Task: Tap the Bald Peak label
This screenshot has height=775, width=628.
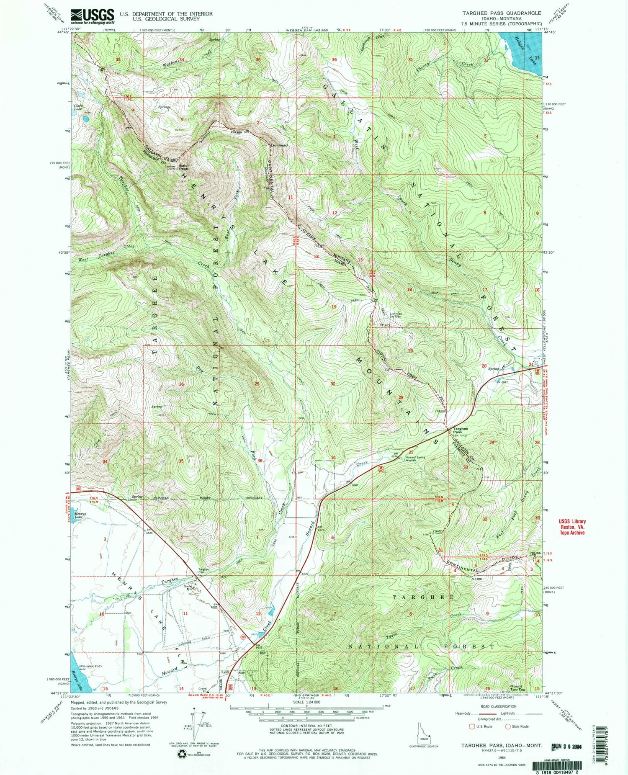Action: tap(183, 167)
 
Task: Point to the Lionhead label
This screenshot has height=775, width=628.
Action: tap(279, 145)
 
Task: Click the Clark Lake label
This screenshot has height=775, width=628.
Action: tap(78, 108)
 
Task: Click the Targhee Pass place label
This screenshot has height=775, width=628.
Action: tap(460, 431)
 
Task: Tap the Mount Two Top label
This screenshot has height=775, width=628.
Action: tap(516, 688)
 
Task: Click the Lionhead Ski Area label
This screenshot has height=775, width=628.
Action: tap(396, 315)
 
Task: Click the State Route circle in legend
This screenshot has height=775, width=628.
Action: tap(508, 726)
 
